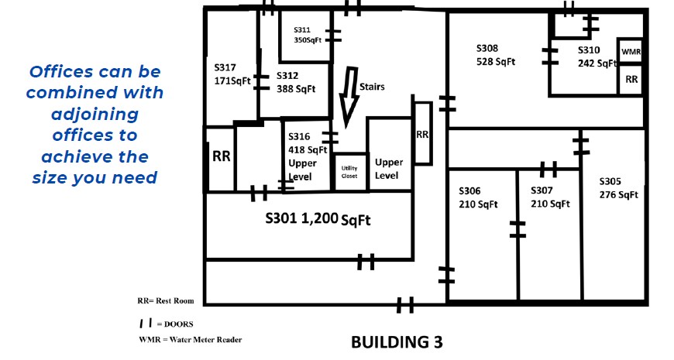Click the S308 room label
[496, 55]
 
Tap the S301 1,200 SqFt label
[318, 219]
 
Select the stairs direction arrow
[349, 97]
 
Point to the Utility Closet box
[350, 172]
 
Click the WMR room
[631, 51]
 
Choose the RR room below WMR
[631, 80]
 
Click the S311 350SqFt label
[308, 35]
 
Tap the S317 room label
[232, 74]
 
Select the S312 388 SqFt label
[296, 82]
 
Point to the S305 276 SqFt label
[618, 187]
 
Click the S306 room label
[478, 197]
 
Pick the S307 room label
[550, 197]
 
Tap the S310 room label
[597, 57]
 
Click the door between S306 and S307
[518, 229]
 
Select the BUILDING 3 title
[397, 342]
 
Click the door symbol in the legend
[146, 323]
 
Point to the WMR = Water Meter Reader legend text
[191, 339]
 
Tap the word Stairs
[372, 87]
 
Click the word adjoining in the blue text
[95, 115]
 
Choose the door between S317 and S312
[260, 82]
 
